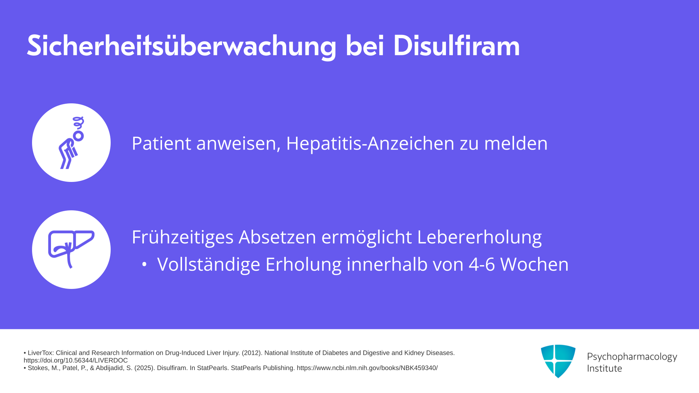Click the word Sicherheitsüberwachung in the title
pos(182,46)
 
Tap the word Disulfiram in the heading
pos(457,46)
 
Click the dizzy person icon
pos(71,143)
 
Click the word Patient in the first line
pos(161,143)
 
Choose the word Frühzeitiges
pos(182,237)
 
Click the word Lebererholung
pos(479,237)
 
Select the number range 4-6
pos(482,265)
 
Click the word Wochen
pos(534,265)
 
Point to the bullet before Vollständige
pos(145,265)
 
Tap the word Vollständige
pos(209,265)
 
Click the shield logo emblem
pos(558,361)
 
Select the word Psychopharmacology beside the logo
pos(632,357)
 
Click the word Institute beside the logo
pos(604,368)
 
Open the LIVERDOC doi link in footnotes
pos(76,361)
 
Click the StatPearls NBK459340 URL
pos(367,368)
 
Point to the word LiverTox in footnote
pos(41,353)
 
